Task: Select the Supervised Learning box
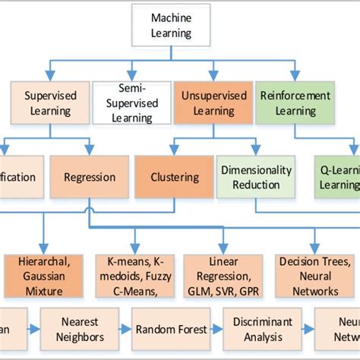click(x=48, y=103)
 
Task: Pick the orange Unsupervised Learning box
click(x=207, y=103)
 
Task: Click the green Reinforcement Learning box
click(x=295, y=103)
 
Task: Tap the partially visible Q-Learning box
click(x=338, y=178)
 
